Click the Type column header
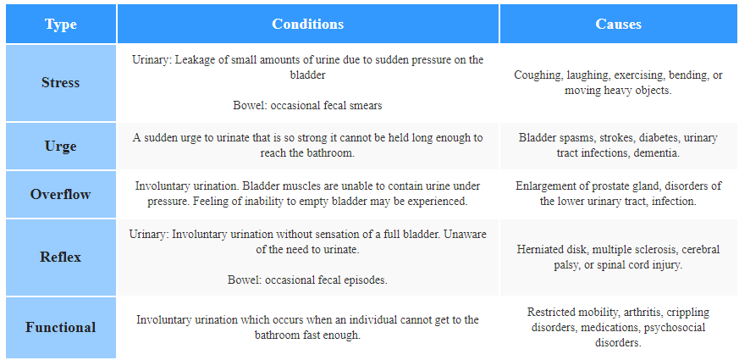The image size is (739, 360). coord(61,24)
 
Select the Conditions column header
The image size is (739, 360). coord(308,24)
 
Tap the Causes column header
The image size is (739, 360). coord(618,24)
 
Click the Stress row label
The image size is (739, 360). coord(61,83)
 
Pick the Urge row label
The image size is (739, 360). coord(61,147)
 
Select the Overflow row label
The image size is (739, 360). coord(61,194)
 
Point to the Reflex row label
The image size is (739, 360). coord(61,258)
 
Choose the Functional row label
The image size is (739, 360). coord(61,327)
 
